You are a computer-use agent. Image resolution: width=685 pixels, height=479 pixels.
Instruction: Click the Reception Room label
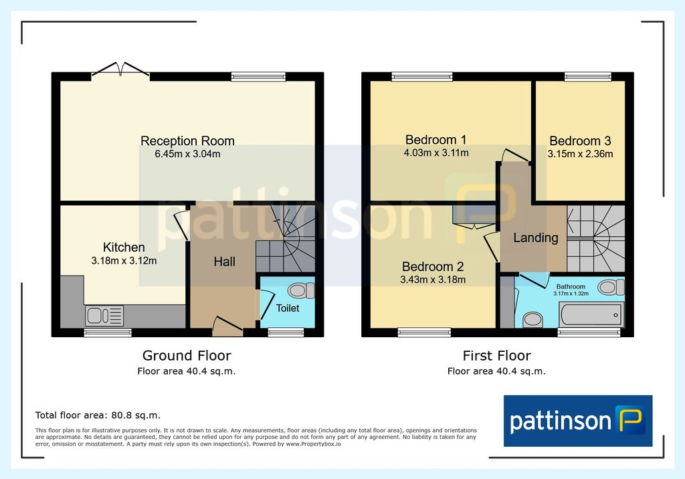[187, 140]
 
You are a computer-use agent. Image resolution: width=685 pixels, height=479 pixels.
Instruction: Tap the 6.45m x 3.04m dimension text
[187, 154]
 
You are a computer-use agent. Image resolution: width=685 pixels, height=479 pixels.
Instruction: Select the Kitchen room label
[124, 248]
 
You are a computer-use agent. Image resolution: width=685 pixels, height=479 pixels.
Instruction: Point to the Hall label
[225, 262]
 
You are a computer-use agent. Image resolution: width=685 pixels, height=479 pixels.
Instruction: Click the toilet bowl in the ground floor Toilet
[302, 290]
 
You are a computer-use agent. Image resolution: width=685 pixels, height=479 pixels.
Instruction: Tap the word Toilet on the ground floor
[288, 308]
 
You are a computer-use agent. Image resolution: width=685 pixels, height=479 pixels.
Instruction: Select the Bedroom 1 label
[436, 140]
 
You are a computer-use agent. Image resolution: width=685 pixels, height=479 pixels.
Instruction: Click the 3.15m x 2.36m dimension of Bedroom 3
[580, 154]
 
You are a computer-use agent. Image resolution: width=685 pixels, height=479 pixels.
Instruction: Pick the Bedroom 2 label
[433, 267]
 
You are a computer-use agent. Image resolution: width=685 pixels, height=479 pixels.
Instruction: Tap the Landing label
[536, 237]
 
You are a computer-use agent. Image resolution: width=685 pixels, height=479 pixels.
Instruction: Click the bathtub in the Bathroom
[591, 314]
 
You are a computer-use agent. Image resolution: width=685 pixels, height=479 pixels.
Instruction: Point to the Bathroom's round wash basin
[533, 320]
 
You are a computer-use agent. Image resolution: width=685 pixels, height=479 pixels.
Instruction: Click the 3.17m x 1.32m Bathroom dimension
[571, 294]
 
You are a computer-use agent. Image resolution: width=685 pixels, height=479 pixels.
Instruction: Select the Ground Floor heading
[187, 356]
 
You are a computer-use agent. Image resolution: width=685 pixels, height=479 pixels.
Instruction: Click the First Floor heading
[497, 356]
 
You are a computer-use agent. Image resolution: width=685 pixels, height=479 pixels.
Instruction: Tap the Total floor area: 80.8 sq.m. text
[98, 415]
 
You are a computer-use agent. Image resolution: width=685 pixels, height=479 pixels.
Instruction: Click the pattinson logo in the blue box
[578, 421]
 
